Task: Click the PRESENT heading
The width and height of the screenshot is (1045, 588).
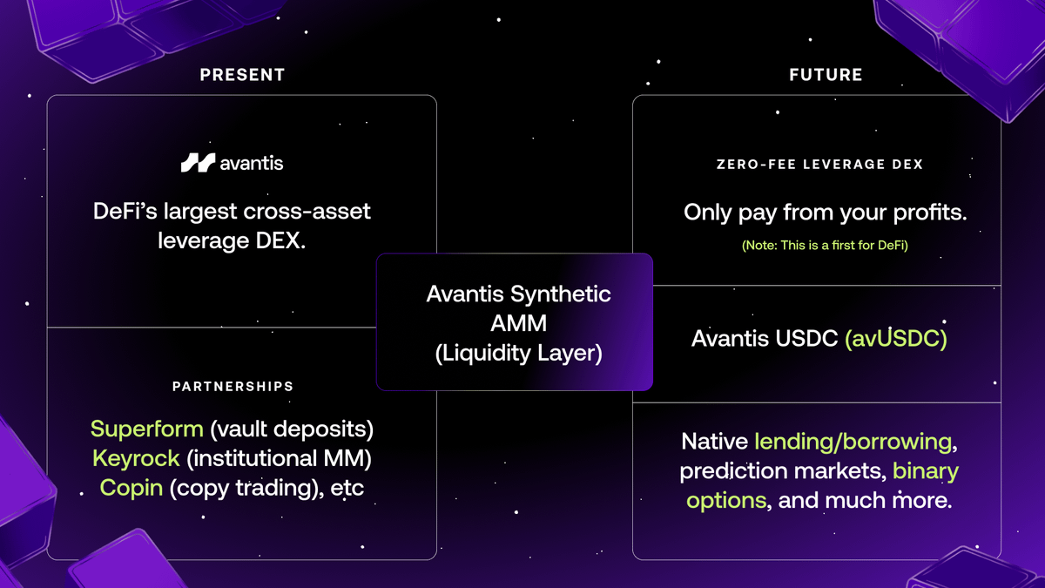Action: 242,75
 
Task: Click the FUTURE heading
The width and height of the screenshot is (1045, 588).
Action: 826,75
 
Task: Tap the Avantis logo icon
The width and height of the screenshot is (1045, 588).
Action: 198,162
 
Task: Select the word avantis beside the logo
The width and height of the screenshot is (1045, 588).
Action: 252,163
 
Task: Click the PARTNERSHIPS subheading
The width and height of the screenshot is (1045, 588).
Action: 233,386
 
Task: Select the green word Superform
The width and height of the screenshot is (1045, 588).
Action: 146,429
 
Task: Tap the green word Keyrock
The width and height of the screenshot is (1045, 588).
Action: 136,458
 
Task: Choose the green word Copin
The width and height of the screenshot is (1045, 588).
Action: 131,487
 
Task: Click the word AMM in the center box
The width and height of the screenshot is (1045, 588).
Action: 518,324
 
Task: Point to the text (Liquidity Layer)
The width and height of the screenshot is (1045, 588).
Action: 518,354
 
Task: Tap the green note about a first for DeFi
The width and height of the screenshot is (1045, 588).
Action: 825,246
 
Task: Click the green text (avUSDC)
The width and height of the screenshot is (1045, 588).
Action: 895,338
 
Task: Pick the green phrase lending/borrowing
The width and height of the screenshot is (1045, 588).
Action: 853,442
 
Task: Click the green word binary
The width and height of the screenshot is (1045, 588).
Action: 925,471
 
